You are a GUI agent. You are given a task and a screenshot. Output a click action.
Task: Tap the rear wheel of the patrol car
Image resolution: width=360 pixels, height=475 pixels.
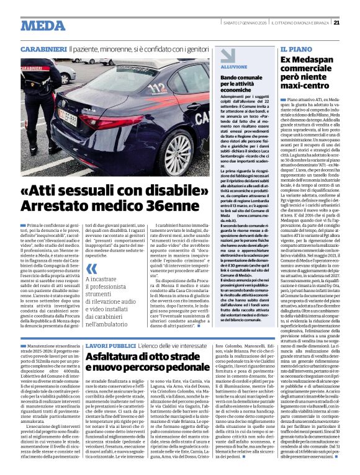(176, 152)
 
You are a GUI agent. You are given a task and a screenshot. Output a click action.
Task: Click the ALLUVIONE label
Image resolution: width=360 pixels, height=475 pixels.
(233, 65)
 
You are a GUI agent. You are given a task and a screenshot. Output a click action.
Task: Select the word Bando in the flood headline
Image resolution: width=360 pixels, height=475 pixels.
(230, 76)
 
